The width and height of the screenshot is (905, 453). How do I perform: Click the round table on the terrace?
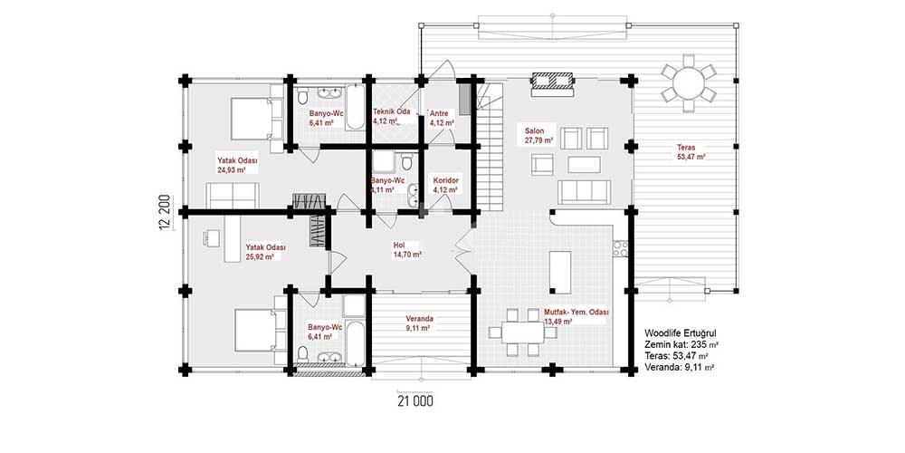pos(688,83)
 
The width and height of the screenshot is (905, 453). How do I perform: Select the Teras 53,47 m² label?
pos(691,152)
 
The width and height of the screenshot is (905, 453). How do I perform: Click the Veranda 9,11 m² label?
pos(420,323)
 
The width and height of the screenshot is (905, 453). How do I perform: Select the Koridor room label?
pos(445,181)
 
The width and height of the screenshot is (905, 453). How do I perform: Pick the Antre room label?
pos(441,112)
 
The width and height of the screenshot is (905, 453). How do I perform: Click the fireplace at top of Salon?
pos(552,81)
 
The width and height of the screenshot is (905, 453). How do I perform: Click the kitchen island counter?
pos(560,272)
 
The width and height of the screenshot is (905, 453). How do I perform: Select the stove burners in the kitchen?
pos(621,248)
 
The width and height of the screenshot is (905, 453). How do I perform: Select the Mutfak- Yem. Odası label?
pos(576,313)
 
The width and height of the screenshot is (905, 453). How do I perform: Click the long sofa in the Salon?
pos(584,192)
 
